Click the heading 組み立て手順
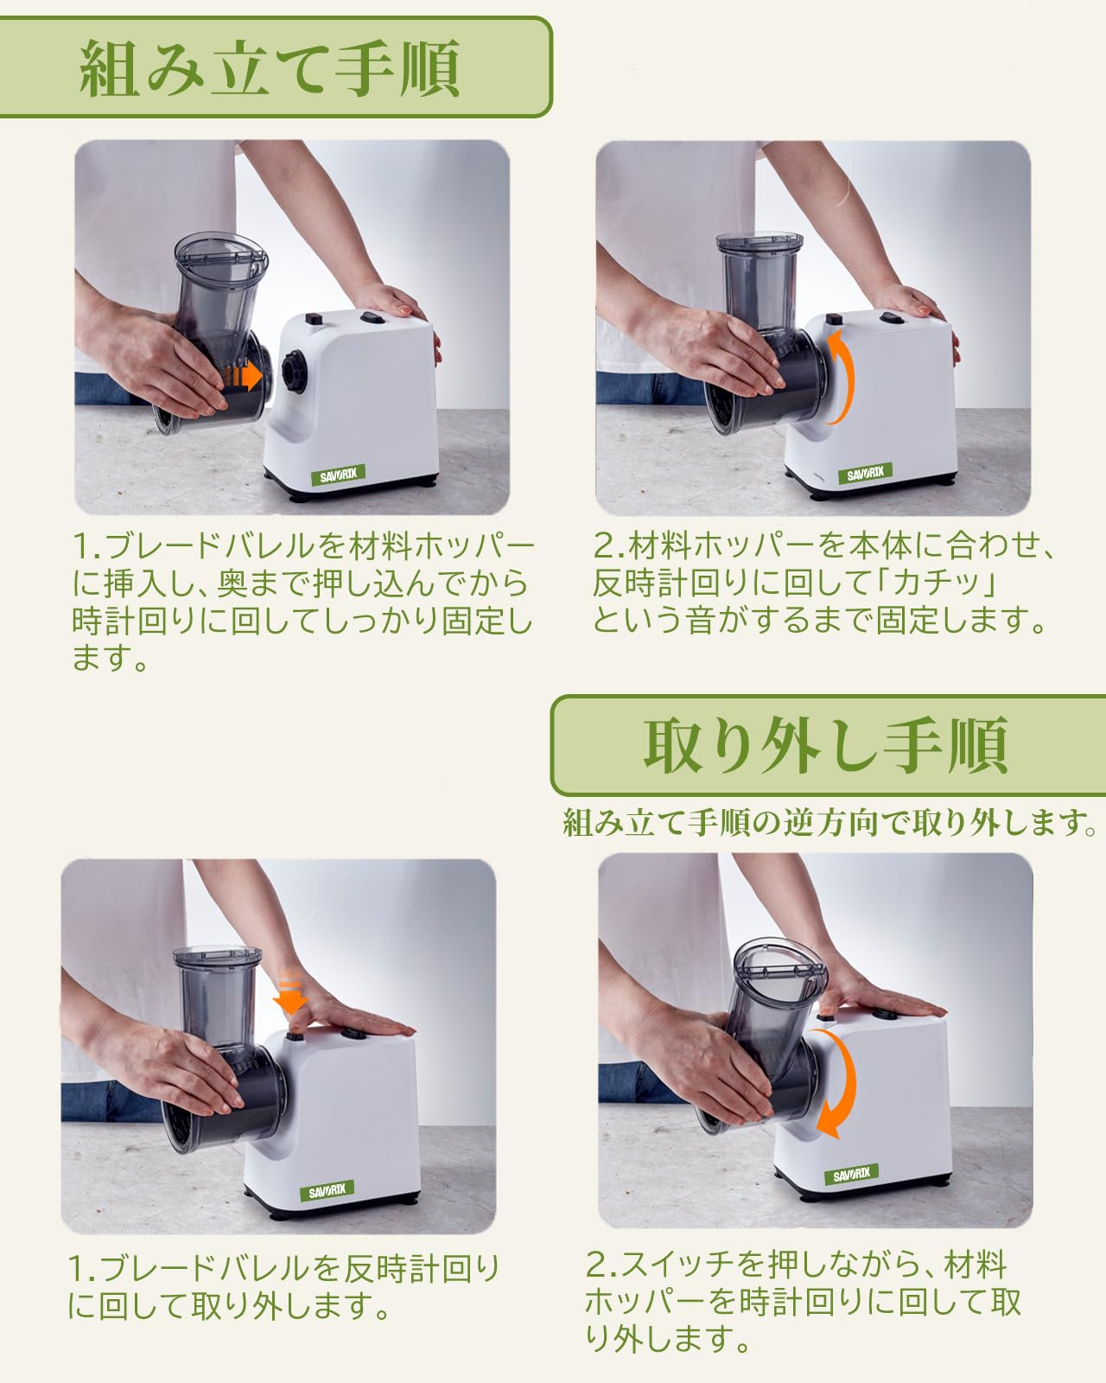click(x=270, y=69)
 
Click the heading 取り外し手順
click(x=825, y=745)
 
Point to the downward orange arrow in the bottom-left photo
click(x=292, y=994)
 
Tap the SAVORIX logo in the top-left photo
click(x=338, y=475)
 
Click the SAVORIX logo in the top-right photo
click(x=865, y=473)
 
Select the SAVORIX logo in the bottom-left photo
click(x=327, y=1190)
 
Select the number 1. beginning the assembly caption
click(x=86, y=546)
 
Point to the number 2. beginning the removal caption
click(x=601, y=1265)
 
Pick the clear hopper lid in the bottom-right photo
click(x=779, y=967)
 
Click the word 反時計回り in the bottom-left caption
click(x=422, y=1269)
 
